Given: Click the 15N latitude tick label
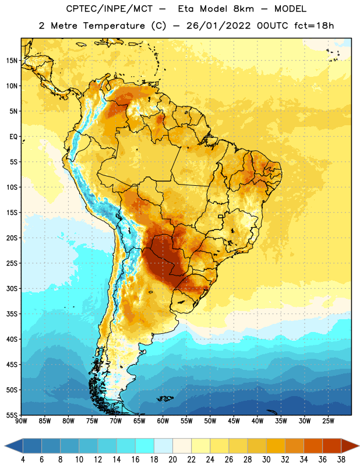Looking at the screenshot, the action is point(12,61).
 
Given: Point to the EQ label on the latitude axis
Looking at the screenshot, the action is point(13,137).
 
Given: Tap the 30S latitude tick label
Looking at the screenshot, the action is point(12,288).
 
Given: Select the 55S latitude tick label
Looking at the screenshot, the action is point(12,415).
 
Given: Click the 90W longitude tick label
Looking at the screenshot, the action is point(21,421).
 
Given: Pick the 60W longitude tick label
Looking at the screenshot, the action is point(163,421).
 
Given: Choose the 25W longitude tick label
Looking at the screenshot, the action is point(328,421).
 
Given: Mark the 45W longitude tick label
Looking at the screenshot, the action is point(234,421).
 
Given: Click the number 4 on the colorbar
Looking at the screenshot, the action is point(23,460).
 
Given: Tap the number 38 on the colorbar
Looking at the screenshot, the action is point(341,460).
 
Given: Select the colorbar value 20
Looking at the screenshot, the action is point(172,460).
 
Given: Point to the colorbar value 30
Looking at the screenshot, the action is point(266,460).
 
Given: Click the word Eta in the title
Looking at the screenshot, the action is point(186,9).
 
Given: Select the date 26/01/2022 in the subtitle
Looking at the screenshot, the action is point(218,26).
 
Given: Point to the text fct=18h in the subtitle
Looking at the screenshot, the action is point(314,26).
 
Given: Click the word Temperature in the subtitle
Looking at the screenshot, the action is point(114,26).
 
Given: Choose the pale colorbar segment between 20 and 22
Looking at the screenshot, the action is point(182,446).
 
